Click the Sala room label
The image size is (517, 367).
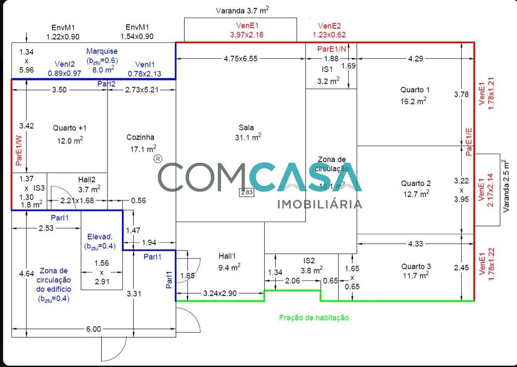coord(246,128)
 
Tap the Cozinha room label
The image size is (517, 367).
coord(141,138)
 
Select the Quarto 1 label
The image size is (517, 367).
coord(415,90)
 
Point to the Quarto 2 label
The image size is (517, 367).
coord(416,183)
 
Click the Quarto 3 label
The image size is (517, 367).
coord(416,266)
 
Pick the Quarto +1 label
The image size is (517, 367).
coord(70,128)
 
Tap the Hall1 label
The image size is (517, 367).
coord(228,256)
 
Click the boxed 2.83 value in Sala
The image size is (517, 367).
coord(247,192)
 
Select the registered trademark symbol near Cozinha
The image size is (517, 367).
coord(158,159)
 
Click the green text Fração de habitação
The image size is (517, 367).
coord(314,317)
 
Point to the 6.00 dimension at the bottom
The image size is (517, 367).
coord(94,329)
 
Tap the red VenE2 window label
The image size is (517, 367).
coord(329,26)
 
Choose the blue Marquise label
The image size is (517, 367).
coord(102,51)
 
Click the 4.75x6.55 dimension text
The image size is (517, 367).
coord(240,58)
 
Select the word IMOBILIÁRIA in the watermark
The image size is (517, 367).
coord(319,204)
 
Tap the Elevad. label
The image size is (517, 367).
coord(99,237)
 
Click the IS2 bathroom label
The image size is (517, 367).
coord(309,260)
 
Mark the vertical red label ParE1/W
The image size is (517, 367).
coord(19,150)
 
